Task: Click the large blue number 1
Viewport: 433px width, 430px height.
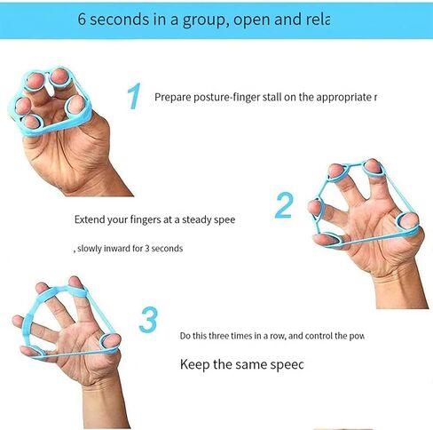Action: (x=134, y=96)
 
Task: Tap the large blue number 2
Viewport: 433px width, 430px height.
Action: (x=284, y=205)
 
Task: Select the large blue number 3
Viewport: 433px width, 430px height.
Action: (x=148, y=320)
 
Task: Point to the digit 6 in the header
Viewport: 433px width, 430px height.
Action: (x=82, y=19)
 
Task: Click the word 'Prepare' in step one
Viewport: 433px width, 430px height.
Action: (x=173, y=97)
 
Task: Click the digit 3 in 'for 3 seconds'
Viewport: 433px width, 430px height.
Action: (x=147, y=248)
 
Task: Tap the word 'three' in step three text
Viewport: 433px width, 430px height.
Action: (x=218, y=336)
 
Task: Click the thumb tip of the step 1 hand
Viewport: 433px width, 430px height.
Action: (x=76, y=104)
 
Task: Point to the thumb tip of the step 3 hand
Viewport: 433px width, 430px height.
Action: (x=112, y=340)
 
